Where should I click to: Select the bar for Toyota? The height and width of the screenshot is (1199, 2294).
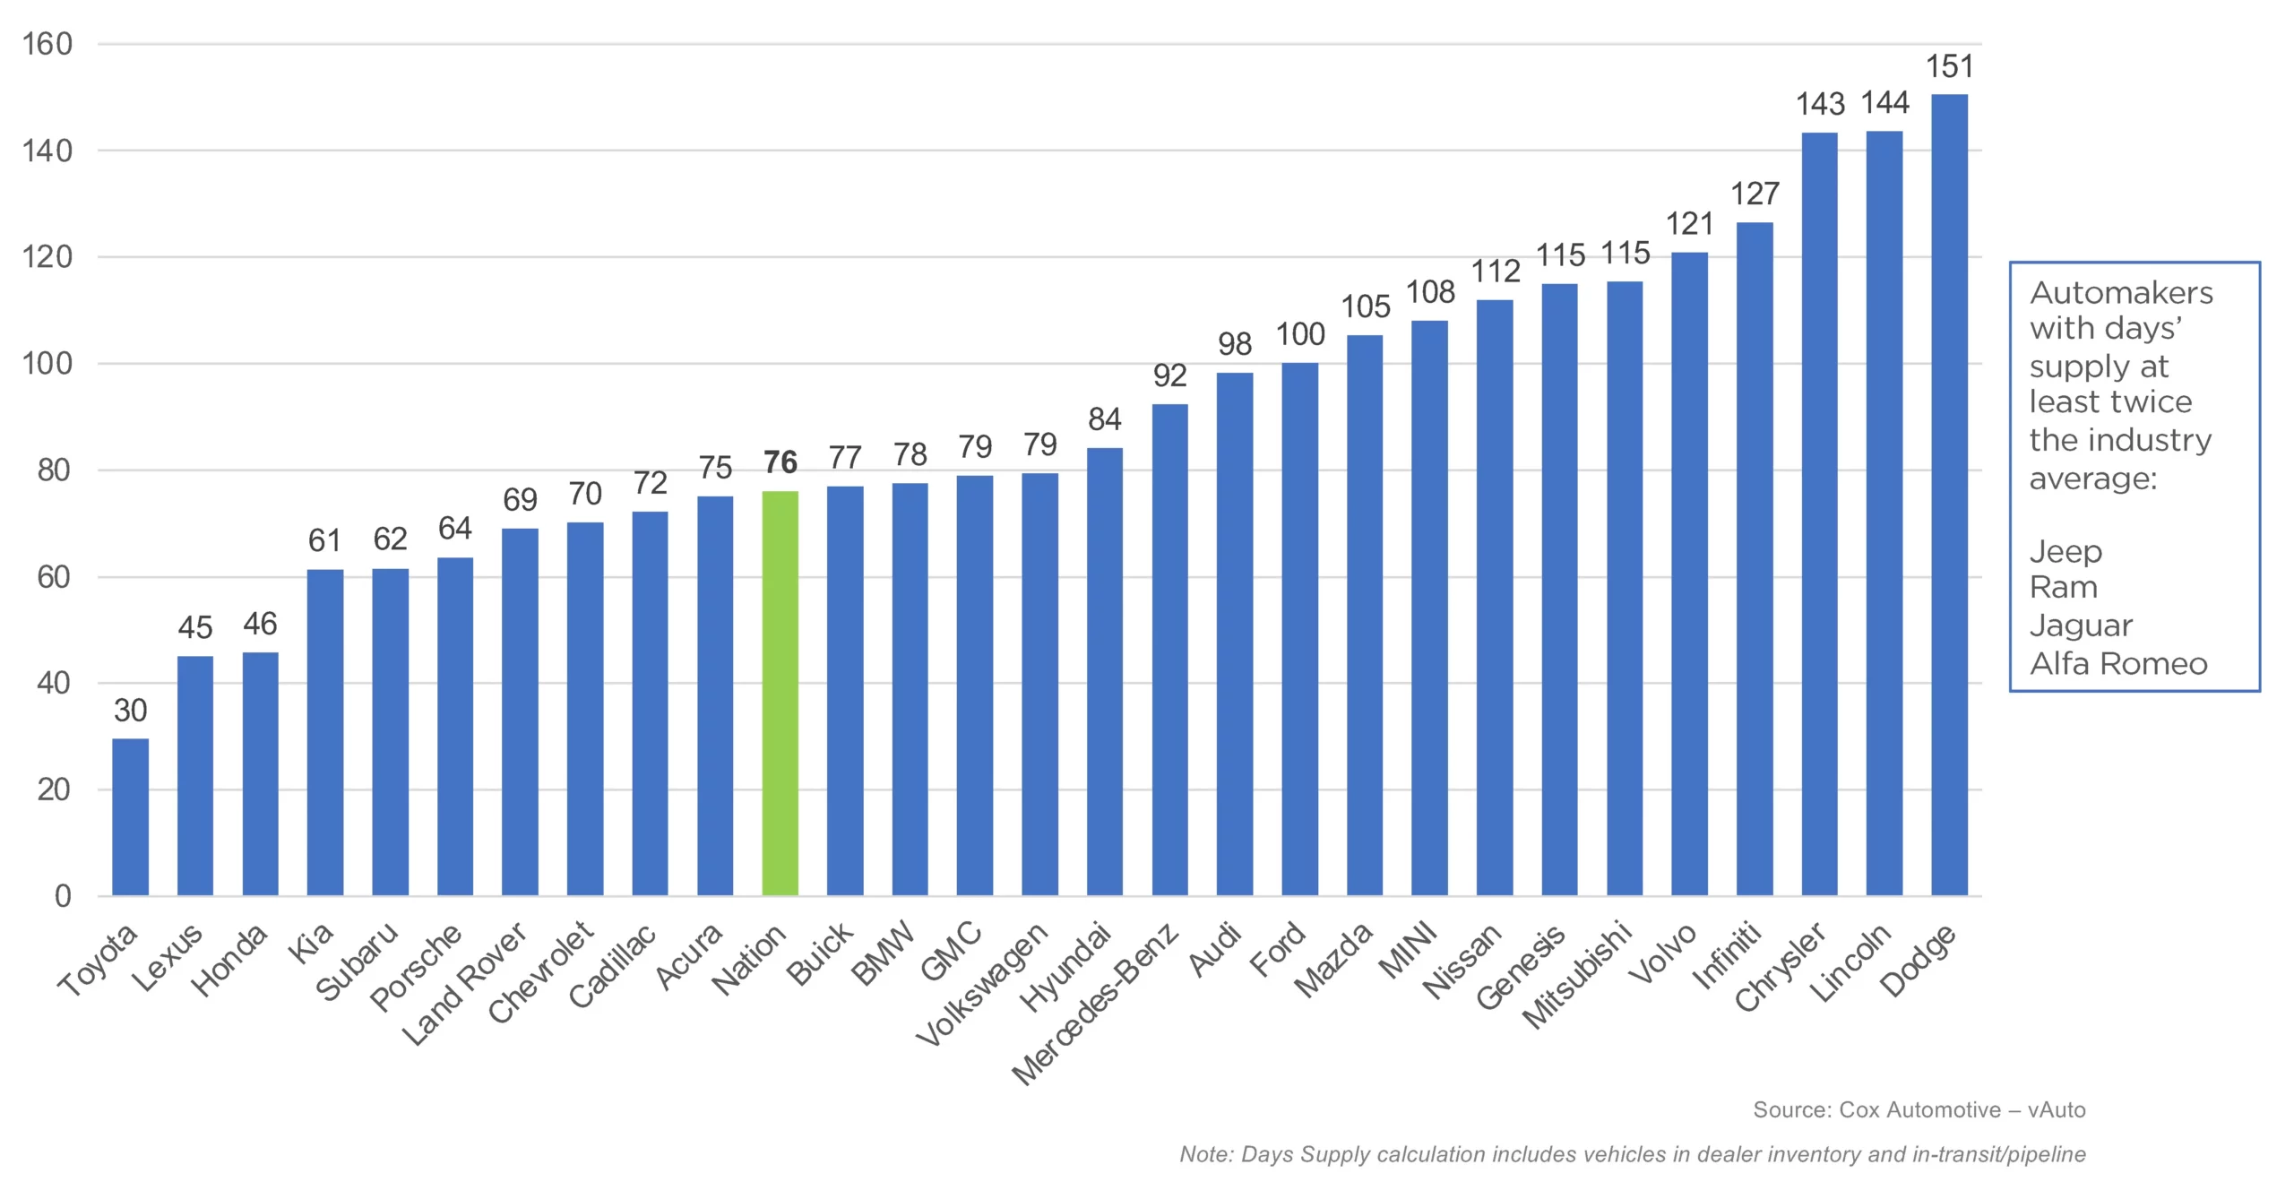(131, 816)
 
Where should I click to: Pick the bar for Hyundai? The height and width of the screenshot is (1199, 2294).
(1104, 671)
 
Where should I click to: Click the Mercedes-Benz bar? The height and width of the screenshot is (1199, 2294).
(1169, 650)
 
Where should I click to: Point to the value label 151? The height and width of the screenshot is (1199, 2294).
(1950, 67)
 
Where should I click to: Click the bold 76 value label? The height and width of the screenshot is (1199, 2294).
(780, 462)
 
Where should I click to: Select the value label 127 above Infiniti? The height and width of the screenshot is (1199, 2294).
(1755, 194)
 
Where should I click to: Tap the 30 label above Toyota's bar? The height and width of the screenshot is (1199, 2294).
(131, 711)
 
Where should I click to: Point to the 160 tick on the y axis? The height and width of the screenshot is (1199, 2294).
(47, 44)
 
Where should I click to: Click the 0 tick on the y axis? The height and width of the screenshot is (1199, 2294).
(63, 895)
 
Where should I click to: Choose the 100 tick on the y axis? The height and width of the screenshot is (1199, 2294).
(47, 364)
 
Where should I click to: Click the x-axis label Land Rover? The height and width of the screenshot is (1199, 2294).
(464, 984)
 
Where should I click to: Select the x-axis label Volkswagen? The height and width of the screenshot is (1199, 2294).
(981, 984)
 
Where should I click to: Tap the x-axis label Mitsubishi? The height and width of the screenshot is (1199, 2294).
(1577, 975)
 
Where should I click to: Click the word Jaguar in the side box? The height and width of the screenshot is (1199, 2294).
(2081, 625)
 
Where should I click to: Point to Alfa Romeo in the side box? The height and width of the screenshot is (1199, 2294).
(2118, 664)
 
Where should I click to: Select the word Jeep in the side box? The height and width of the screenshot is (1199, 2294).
(2065, 551)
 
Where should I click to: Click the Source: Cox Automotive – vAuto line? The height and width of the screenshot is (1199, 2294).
(1919, 1110)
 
